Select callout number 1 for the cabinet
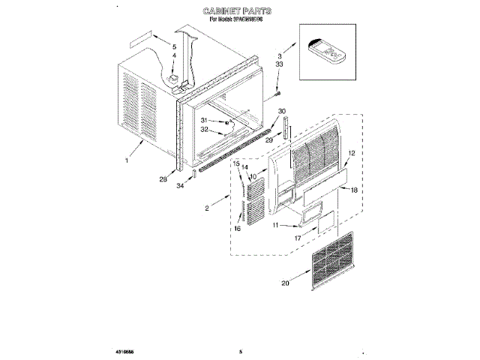point(128,160)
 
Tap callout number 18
point(354,191)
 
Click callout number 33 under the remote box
point(279,65)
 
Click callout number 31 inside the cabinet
point(204,120)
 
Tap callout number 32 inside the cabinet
point(204,129)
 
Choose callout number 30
point(282,111)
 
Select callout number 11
point(275,225)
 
